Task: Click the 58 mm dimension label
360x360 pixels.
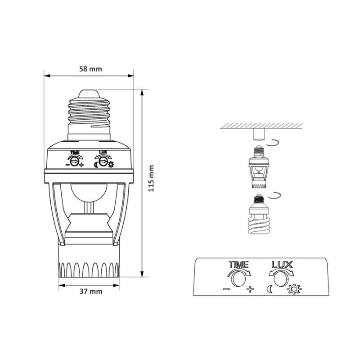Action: pyautogui.click(x=90, y=69)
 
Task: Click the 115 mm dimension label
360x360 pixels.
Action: pyautogui.click(x=151, y=178)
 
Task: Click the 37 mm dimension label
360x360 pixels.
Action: pyautogui.click(x=91, y=291)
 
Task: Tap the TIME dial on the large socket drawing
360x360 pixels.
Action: pyautogui.click(x=74, y=162)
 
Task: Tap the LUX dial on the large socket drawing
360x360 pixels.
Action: pyautogui.click(x=103, y=162)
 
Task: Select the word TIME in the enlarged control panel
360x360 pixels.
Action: pyautogui.click(x=239, y=265)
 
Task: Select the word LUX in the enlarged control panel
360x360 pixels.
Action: pyautogui.click(x=282, y=265)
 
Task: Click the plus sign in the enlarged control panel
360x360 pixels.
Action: pyautogui.click(x=250, y=289)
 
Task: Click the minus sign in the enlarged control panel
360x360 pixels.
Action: pyautogui.click(x=226, y=289)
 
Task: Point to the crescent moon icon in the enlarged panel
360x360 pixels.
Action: pyautogui.click(x=269, y=289)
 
